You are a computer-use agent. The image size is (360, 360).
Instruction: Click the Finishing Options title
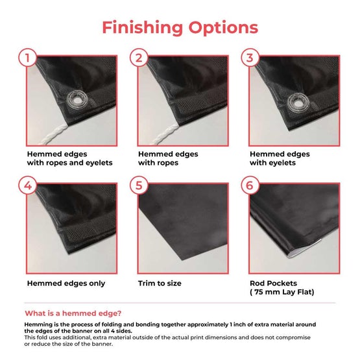point(180,28)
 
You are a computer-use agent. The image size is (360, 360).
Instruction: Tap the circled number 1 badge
point(27,58)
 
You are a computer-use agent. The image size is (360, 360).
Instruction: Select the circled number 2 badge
point(139,58)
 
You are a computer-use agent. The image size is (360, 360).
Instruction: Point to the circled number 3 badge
point(250,58)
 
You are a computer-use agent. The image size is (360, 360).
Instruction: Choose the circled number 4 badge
point(27,186)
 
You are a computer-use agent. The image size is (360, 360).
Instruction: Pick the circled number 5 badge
point(139,186)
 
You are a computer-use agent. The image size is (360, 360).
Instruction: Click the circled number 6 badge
point(250,186)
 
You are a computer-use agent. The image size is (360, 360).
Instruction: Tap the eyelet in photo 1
point(77,100)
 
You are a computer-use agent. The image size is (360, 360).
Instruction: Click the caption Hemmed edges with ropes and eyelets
point(70,158)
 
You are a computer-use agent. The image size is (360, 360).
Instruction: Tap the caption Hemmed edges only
point(66,283)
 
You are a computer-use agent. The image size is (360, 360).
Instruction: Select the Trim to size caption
point(160,283)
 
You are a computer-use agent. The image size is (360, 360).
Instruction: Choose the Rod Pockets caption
point(274,283)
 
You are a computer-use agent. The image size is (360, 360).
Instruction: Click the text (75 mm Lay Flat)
point(282,292)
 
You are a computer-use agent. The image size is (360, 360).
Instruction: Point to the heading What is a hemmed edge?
point(73,313)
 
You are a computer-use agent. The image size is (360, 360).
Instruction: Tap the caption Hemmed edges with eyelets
point(280,158)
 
